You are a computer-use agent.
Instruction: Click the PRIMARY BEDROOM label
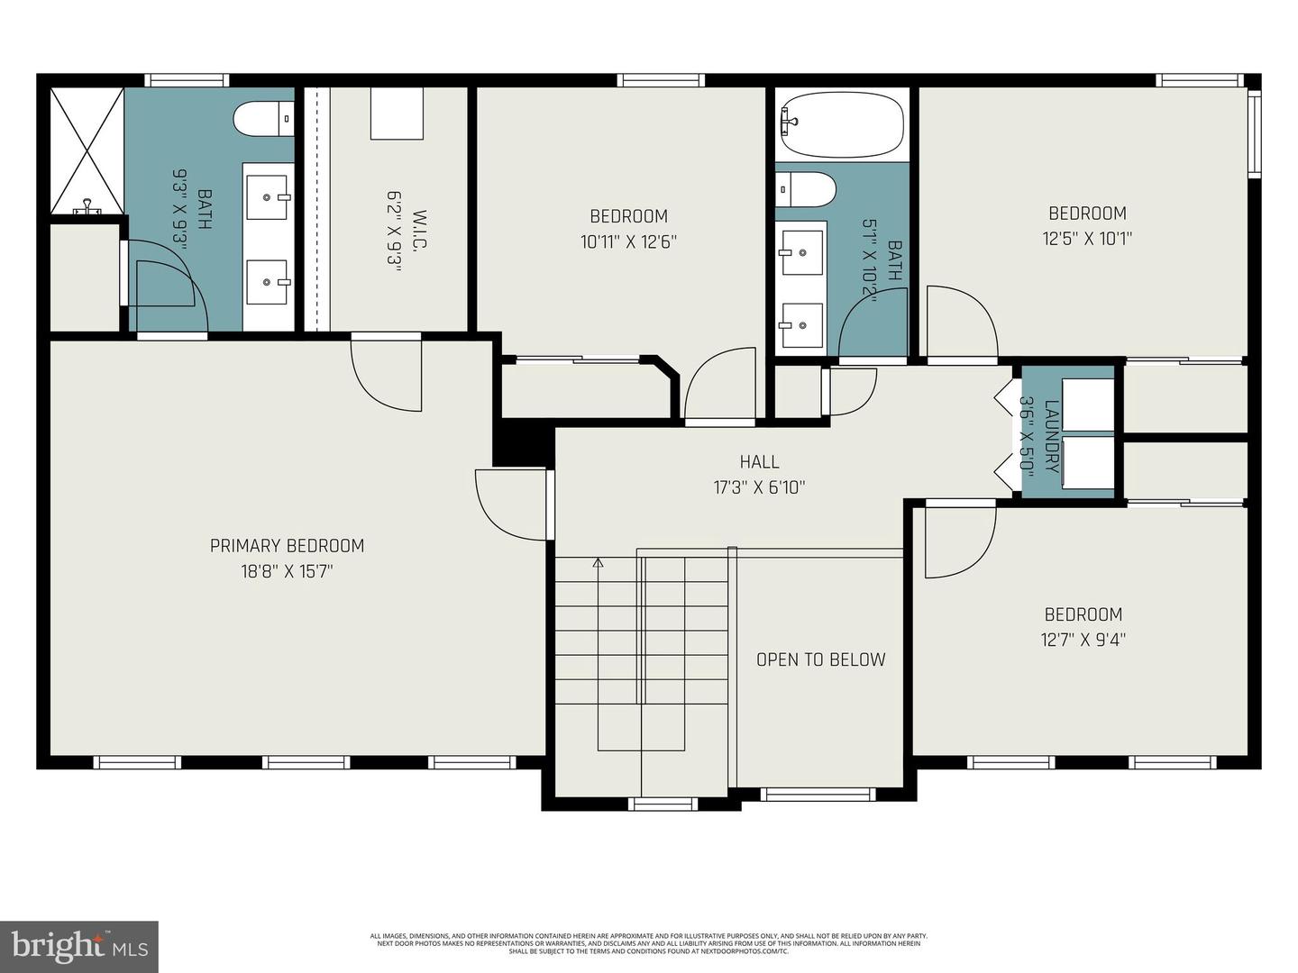[287, 546]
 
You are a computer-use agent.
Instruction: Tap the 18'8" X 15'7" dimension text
[287, 571]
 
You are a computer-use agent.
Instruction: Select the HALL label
[759, 462]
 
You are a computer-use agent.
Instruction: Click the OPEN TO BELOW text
[820, 659]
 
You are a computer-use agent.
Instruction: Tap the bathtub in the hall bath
[841, 125]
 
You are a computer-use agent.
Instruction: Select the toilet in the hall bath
[806, 189]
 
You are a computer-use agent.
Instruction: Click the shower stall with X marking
[87, 150]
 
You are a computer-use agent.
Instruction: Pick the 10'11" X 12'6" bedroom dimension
[628, 241]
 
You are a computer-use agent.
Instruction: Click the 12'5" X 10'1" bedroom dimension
[1087, 239]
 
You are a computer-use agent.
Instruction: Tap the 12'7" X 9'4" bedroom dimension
[1083, 640]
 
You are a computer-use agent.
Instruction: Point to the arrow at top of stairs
[598, 563]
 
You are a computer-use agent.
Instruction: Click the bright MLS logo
[78, 946]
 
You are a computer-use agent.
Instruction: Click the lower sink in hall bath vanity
[801, 325]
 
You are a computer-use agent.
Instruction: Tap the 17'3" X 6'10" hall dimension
[759, 487]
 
